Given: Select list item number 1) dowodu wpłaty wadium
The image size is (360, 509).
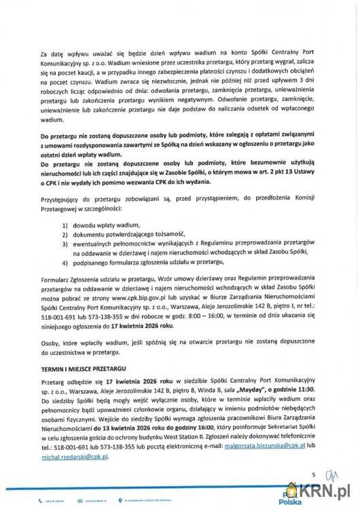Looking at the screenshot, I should point(103,225).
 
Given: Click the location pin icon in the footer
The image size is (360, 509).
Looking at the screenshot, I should point(121,499).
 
